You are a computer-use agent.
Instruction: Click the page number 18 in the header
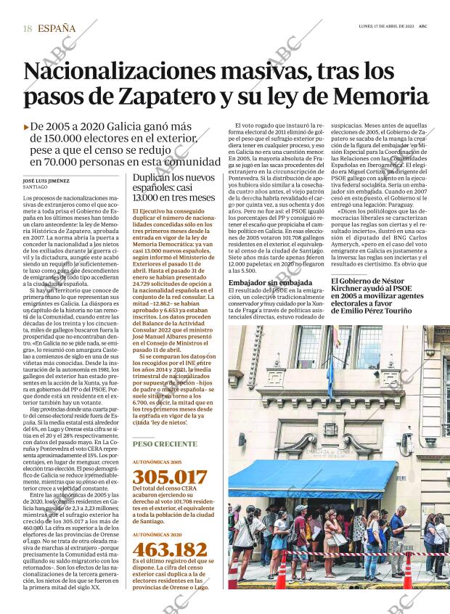pyautogui.click(x=27, y=28)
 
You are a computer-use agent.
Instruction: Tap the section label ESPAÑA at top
pyautogui.click(x=57, y=28)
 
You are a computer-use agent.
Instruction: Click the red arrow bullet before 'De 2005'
pyautogui.click(x=27, y=126)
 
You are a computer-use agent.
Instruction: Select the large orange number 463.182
pyautogui.click(x=169, y=549)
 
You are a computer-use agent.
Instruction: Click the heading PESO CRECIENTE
pyautogui.click(x=165, y=443)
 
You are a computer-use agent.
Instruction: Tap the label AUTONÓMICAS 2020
pyautogui.click(x=157, y=534)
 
